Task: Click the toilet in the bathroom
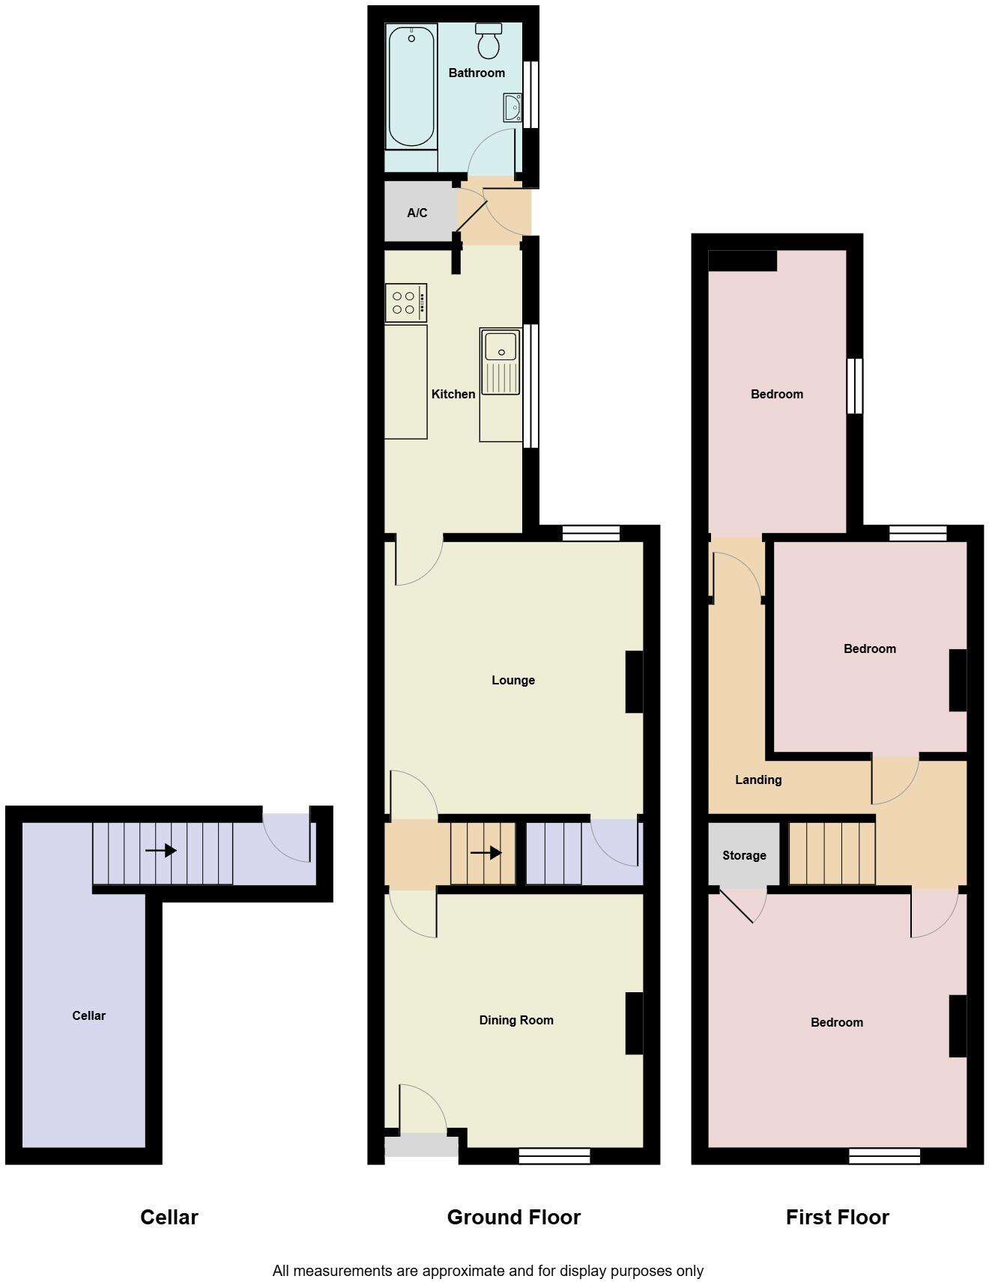click(x=489, y=40)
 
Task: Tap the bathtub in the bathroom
click(x=411, y=86)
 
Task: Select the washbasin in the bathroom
click(x=513, y=108)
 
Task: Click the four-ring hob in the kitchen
click(x=406, y=303)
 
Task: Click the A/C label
click(x=417, y=213)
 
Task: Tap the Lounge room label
click(x=513, y=680)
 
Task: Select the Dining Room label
click(x=516, y=1020)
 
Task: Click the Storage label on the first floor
click(x=744, y=855)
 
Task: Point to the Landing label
click(x=758, y=780)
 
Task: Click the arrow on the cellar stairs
click(x=160, y=851)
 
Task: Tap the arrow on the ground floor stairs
click(x=486, y=852)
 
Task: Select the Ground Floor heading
click(x=514, y=1217)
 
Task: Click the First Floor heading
click(x=838, y=1217)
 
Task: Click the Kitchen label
click(x=453, y=394)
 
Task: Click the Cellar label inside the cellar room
click(x=88, y=1015)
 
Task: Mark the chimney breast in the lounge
click(x=634, y=681)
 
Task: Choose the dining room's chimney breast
click(x=634, y=1023)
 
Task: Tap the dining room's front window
click(x=554, y=1156)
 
